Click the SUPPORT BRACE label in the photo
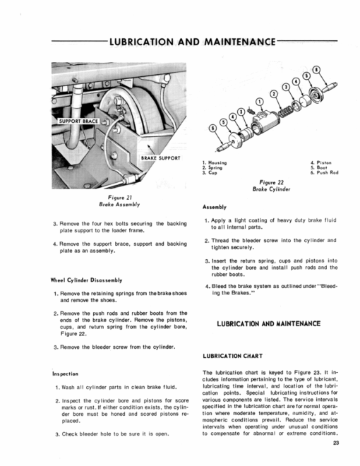(x=78, y=121)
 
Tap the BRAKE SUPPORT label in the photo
(x=160, y=158)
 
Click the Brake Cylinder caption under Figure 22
(x=271, y=189)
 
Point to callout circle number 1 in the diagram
(x=260, y=102)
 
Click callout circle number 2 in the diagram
(x=274, y=94)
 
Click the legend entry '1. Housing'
(x=215, y=162)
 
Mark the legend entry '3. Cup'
(x=210, y=172)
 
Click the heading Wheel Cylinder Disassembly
(x=86, y=280)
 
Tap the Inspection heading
(x=66, y=374)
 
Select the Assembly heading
(x=215, y=207)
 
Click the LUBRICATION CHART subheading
(x=233, y=356)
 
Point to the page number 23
(x=335, y=443)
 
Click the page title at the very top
(x=193, y=42)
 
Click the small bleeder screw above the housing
(x=251, y=112)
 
